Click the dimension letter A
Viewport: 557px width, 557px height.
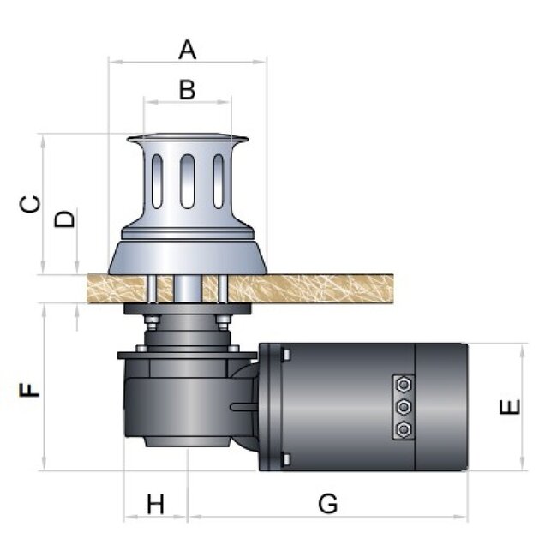187,50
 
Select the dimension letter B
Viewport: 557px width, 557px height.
187,90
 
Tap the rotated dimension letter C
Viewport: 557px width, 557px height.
30,204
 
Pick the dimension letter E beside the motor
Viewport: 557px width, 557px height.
510,407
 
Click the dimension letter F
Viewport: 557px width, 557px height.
29,390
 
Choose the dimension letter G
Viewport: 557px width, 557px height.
327,503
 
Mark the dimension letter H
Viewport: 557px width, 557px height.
156,504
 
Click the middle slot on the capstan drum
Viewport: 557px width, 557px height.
187,181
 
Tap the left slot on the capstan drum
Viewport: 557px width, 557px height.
157,181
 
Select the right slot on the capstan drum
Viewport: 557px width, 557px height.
219,181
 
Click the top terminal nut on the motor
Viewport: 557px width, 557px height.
404,385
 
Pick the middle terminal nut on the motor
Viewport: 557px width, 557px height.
404,407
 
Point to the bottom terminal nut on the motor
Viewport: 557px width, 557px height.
404,430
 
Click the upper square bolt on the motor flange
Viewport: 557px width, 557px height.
286,355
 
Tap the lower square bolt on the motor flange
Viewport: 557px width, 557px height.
286,459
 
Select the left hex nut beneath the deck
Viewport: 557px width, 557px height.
152,322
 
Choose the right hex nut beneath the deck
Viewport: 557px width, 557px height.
223,322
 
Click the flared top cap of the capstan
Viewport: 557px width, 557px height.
188,138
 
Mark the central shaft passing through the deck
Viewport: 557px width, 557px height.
188,289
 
